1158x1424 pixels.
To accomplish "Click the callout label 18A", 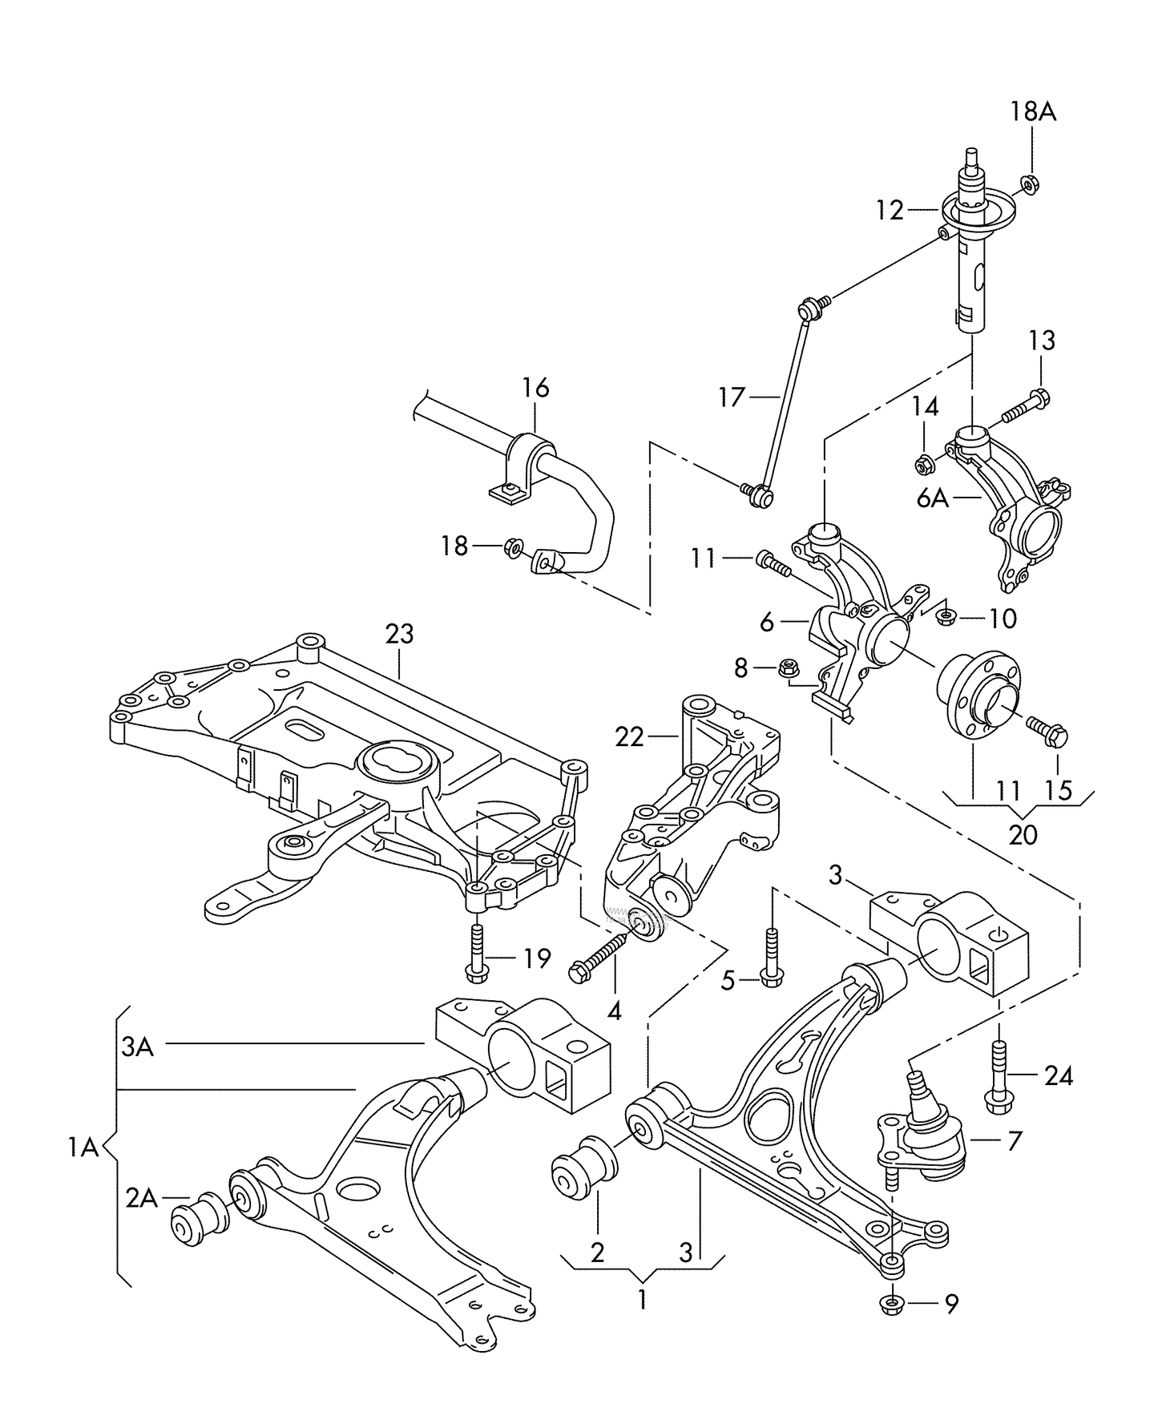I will click(1032, 112).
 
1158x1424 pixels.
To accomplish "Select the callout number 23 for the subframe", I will click(399, 634).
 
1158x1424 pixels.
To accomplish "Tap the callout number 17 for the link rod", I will click(732, 397).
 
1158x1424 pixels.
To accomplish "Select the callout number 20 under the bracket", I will click(1023, 835).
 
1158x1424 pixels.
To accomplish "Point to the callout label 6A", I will click(933, 499).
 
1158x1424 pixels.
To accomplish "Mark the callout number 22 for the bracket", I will click(630, 736).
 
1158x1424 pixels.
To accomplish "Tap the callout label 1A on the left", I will click(83, 1148).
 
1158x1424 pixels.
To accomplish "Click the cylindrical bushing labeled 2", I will click(583, 1171).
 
